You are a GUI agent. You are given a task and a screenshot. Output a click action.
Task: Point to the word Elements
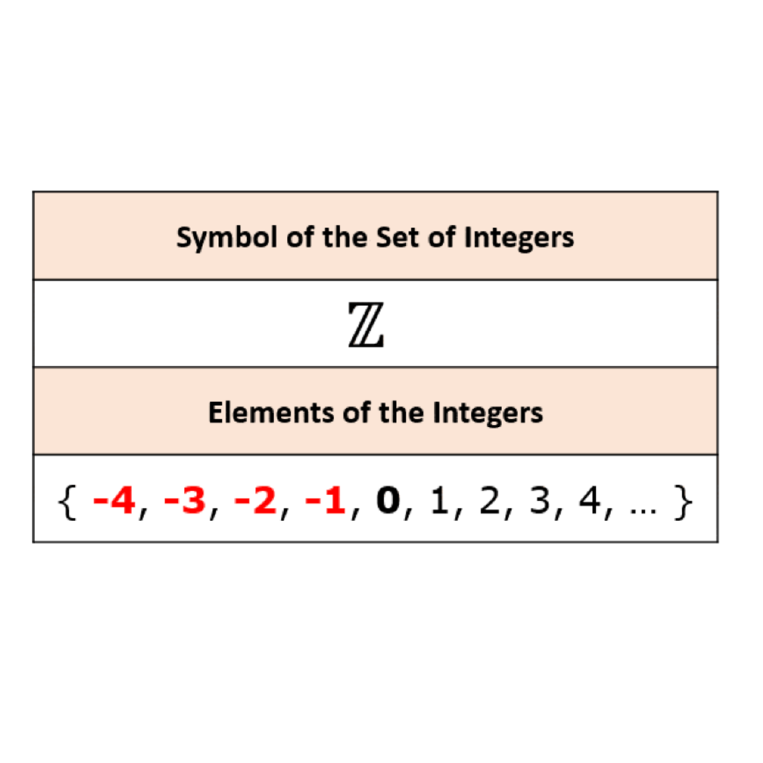253,413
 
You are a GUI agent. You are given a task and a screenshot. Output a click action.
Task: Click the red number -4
115,504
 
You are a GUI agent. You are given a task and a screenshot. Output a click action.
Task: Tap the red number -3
185,504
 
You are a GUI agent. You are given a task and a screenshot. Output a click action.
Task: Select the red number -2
256,504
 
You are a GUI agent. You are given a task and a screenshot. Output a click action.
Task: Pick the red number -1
326,504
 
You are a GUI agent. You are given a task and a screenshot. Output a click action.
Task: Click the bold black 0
389,504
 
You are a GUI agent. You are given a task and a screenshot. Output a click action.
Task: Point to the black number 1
439,504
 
